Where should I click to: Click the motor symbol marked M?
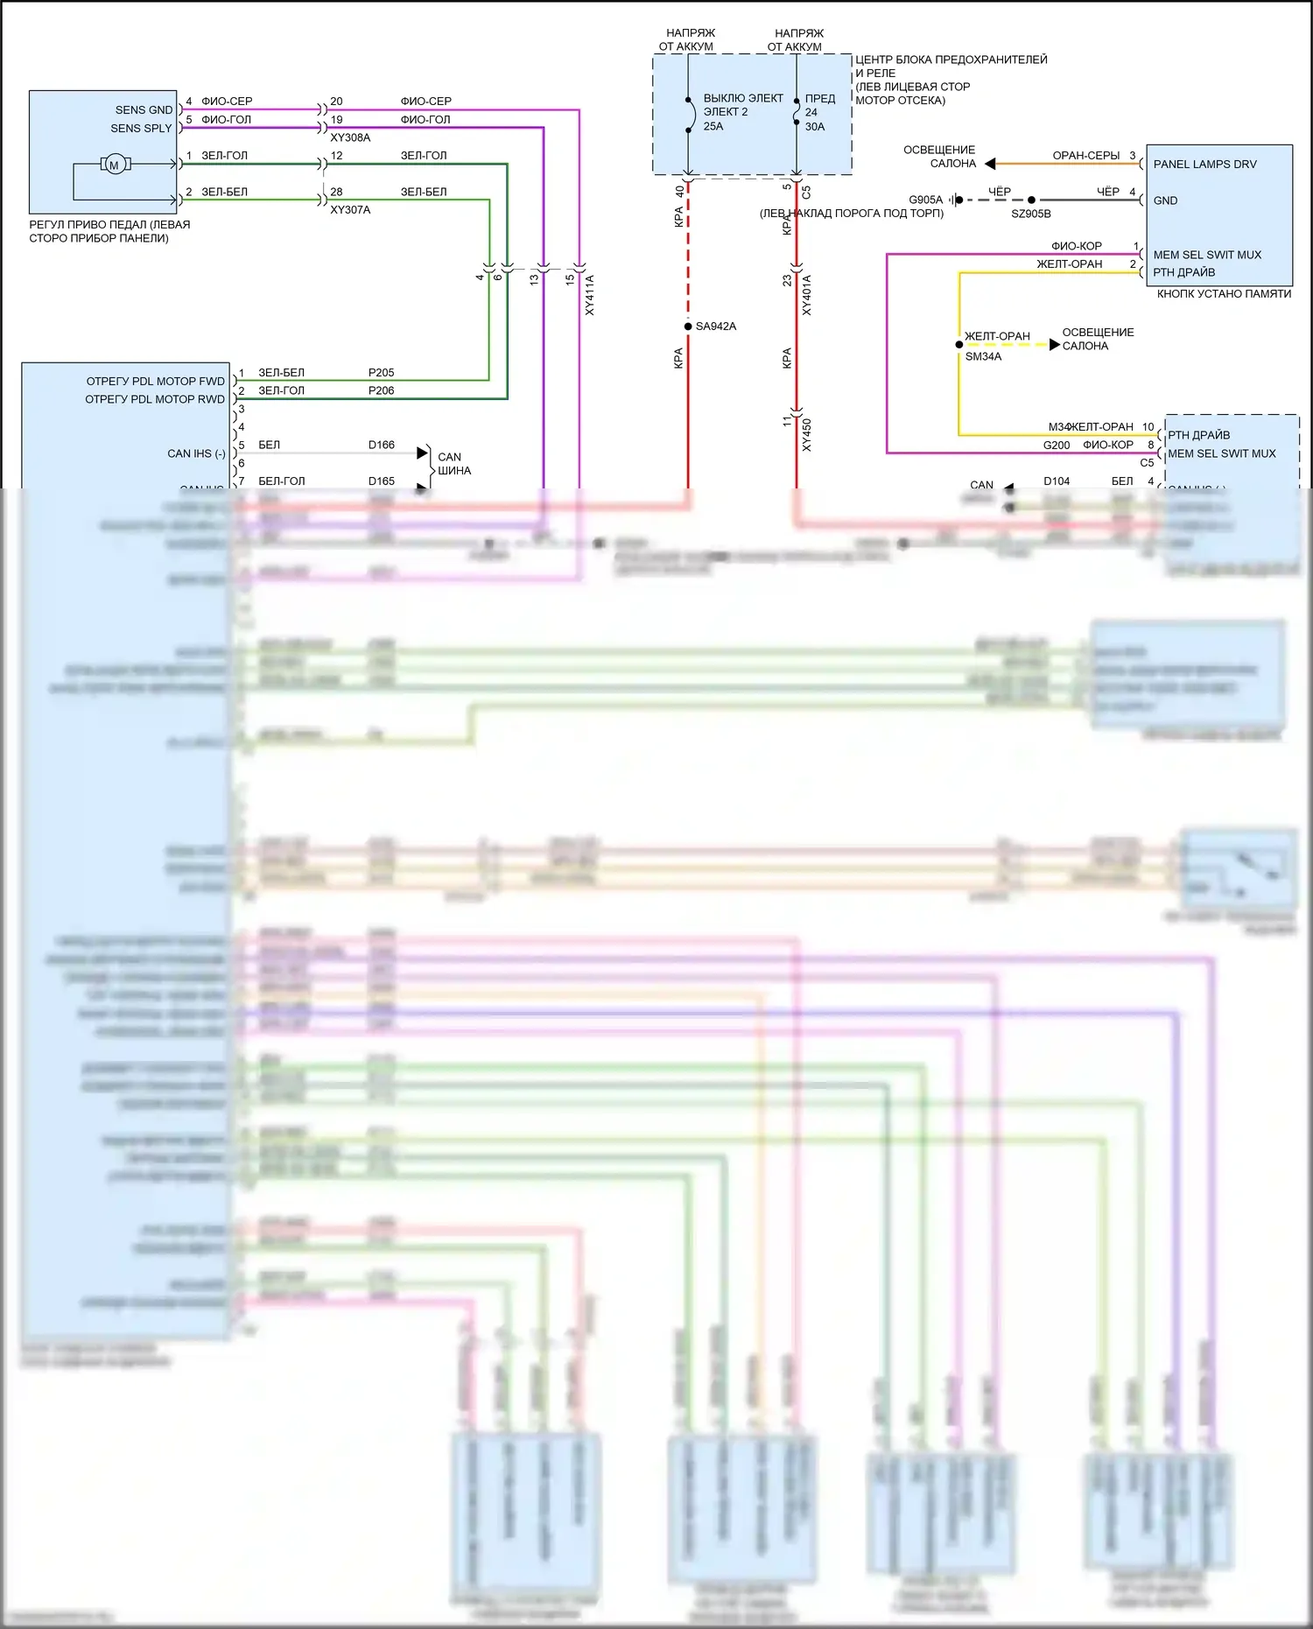(114, 165)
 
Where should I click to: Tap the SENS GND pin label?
(144, 110)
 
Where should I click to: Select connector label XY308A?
(350, 137)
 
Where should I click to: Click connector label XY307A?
(350, 210)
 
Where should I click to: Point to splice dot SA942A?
(688, 327)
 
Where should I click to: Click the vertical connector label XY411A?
(589, 295)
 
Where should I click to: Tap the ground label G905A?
(925, 200)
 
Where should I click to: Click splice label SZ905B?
(1031, 214)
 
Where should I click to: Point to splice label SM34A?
(983, 357)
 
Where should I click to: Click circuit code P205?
(381, 373)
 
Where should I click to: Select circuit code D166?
(381, 446)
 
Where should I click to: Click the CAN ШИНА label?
(453, 464)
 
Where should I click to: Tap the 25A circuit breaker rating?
(713, 127)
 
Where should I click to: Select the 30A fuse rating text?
(815, 127)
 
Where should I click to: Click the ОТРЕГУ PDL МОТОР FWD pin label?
(155, 382)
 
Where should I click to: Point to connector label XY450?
(806, 435)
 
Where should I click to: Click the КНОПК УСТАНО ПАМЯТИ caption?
(1224, 294)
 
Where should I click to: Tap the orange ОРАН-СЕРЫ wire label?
(1085, 156)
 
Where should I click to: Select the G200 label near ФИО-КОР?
(1057, 446)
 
